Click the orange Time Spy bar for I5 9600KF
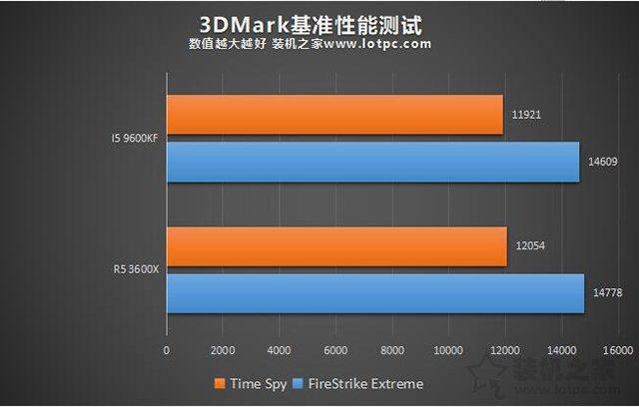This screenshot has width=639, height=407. pyautogui.click(x=334, y=115)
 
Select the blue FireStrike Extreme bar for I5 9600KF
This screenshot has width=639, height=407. pyautogui.click(x=372, y=162)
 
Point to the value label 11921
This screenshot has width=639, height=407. pyautogui.click(x=527, y=115)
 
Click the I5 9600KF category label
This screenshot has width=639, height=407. pyautogui.click(x=135, y=138)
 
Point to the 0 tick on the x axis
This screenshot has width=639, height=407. pyautogui.click(x=167, y=351)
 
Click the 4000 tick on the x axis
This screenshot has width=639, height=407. pyautogui.click(x=280, y=351)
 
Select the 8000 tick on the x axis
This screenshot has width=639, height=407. pyautogui.click(x=392, y=351)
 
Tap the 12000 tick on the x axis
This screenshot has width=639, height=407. pyautogui.click(x=505, y=351)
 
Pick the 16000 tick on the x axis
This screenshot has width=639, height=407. pyautogui.click(x=617, y=351)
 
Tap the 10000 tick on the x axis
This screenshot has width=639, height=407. pyautogui.click(x=448, y=351)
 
